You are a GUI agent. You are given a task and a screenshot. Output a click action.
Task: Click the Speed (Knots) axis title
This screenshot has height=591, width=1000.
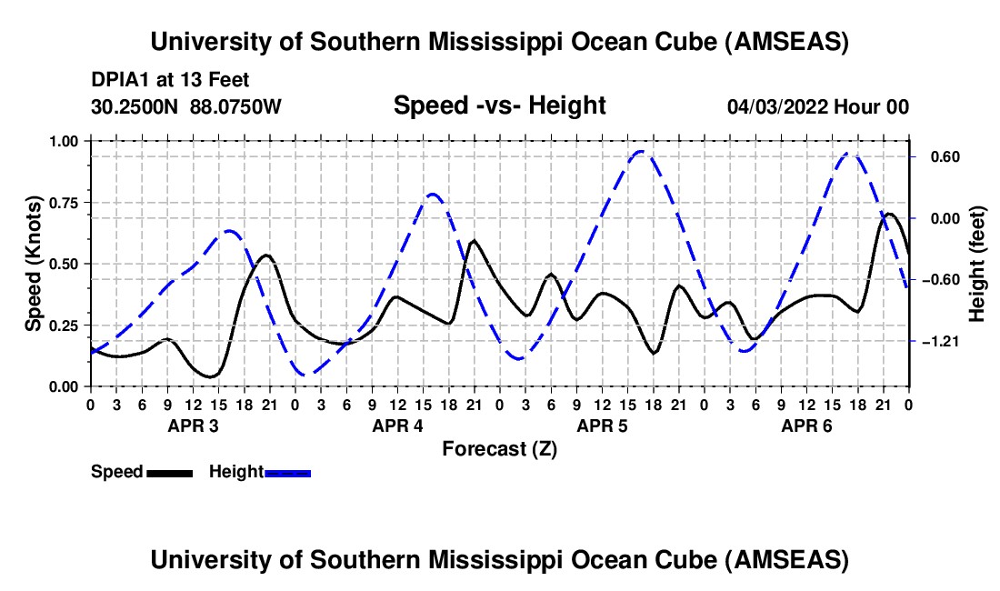[x=33, y=264]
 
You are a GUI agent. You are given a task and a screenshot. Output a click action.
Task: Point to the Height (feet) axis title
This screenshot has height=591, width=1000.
[x=977, y=264]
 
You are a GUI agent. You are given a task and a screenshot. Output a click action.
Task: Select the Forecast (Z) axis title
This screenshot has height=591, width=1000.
[x=499, y=448]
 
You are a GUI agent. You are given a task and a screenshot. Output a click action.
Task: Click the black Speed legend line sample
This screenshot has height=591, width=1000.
[x=169, y=472]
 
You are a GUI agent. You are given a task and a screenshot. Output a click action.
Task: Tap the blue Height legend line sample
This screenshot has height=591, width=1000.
[x=287, y=472]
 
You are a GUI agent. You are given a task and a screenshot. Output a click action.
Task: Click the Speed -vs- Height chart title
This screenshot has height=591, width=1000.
[x=499, y=105]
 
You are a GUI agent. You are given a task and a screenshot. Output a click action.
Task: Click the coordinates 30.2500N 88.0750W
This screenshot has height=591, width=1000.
[x=186, y=106]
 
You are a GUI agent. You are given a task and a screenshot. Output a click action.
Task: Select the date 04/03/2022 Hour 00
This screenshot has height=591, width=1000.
[x=817, y=106]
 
